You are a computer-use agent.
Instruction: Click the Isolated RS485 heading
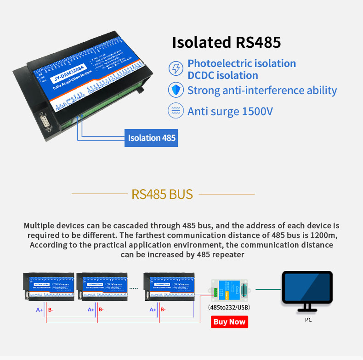(x=226, y=42)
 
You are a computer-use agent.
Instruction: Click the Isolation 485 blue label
(x=151, y=138)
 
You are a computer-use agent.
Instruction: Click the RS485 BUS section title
(x=162, y=194)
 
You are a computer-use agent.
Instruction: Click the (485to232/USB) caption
(x=229, y=307)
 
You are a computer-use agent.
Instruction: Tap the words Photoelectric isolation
(x=241, y=64)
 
